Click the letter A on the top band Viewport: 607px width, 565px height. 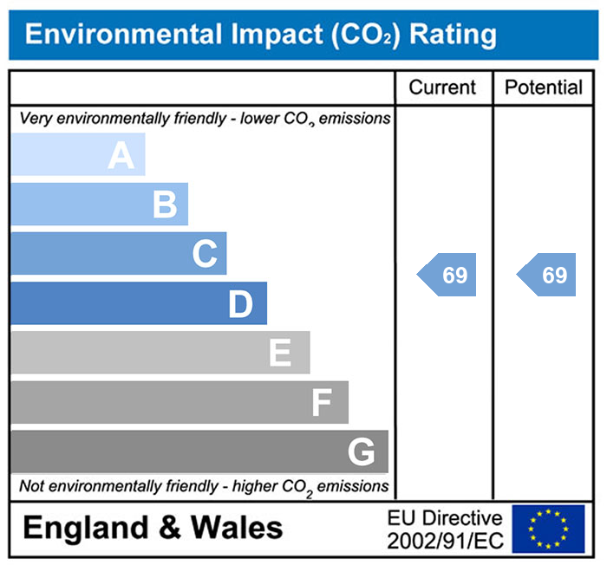click(x=121, y=156)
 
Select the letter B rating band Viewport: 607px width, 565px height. click(x=164, y=205)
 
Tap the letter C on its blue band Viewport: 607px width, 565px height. click(x=205, y=255)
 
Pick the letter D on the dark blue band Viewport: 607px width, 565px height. click(x=240, y=304)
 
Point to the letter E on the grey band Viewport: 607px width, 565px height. click(x=279, y=354)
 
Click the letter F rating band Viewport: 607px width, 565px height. click(x=321, y=403)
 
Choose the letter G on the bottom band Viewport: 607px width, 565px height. click(x=361, y=452)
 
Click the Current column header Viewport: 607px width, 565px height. click(x=442, y=88)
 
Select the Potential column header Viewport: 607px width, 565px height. click(x=544, y=88)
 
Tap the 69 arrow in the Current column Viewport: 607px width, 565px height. click(x=447, y=276)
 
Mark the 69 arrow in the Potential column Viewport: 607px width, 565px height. click(x=547, y=276)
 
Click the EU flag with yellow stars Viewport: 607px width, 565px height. click(x=548, y=529)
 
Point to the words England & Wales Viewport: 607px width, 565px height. click(x=153, y=527)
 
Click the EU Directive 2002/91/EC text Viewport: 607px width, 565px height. click(x=444, y=529)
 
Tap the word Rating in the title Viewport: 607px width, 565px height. click(x=453, y=35)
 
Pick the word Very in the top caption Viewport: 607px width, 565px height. click(x=35, y=118)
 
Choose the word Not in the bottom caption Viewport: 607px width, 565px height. click(x=32, y=486)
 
